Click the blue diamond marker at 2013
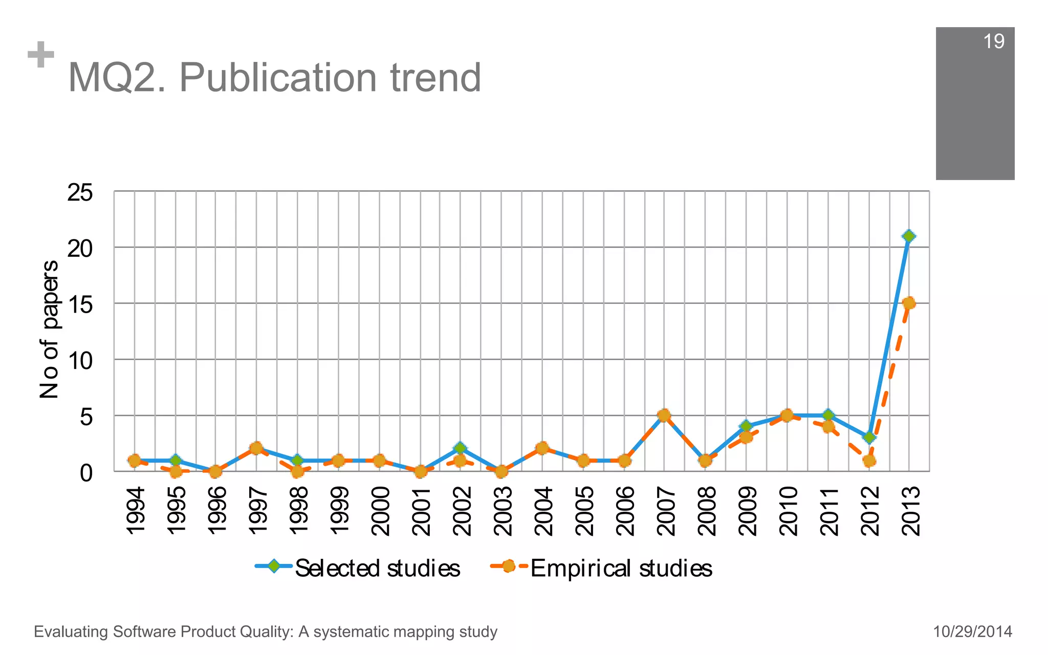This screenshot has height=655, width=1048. tap(909, 236)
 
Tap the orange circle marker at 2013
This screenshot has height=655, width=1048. tap(909, 303)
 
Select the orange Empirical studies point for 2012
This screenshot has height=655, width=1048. tap(869, 461)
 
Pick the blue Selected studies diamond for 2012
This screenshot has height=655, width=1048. tap(869, 437)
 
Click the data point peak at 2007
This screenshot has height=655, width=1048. tap(664, 415)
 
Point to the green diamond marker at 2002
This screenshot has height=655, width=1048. tap(460, 448)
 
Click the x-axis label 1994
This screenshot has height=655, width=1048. tap(136, 511)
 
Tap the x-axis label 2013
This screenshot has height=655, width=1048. tap(911, 511)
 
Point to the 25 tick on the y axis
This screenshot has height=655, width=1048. tap(80, 193)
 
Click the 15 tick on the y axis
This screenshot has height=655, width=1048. tap(80, 305)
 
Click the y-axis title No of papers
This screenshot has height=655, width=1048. tap(50, 329)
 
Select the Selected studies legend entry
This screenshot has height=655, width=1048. tap(358, 568)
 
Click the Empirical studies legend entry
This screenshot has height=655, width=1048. tap(602, 568)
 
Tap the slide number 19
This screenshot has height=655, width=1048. tap(993, 41)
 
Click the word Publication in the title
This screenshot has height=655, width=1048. tap(279, 78)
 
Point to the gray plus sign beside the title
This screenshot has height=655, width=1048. tap(41, 55)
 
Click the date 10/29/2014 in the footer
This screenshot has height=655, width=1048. tap(972, 631)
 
